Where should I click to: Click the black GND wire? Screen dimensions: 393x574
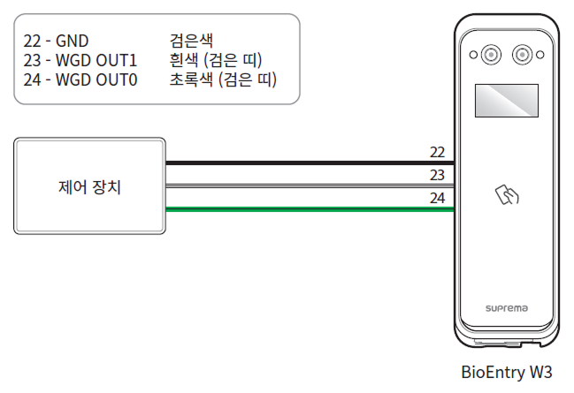[x=310, y=163]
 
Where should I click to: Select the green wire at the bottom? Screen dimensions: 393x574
[x=310, y=209]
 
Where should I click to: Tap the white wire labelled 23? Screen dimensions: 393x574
[x=310, y=186]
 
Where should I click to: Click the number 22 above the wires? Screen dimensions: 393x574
[x=437, y=153]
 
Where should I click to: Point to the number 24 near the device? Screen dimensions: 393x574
[x=437, y=198]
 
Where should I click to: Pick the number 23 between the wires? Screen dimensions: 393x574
[x=437, y=175]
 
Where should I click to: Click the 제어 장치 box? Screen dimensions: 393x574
[x=89, y=186]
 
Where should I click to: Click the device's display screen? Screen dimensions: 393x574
[x=505, y=101]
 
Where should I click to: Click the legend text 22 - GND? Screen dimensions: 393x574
[x=58, y=40]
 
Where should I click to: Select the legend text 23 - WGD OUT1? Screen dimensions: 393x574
[x=80, y=61]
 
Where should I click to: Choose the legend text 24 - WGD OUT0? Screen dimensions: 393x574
[x=80, y=82]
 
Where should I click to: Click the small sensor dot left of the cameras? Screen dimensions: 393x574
[x=473, y=55]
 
